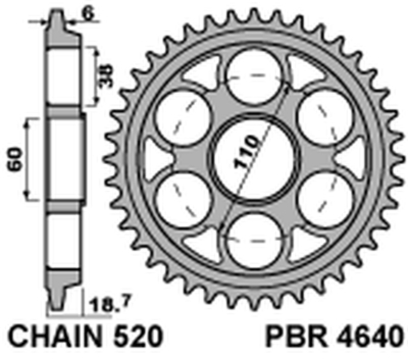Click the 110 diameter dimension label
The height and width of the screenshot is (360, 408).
coord(247,151)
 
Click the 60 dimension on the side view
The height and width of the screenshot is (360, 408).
coord(15,159)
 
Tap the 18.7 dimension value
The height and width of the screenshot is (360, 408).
coord(105,307)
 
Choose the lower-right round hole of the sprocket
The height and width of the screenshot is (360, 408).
coord(323,199)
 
